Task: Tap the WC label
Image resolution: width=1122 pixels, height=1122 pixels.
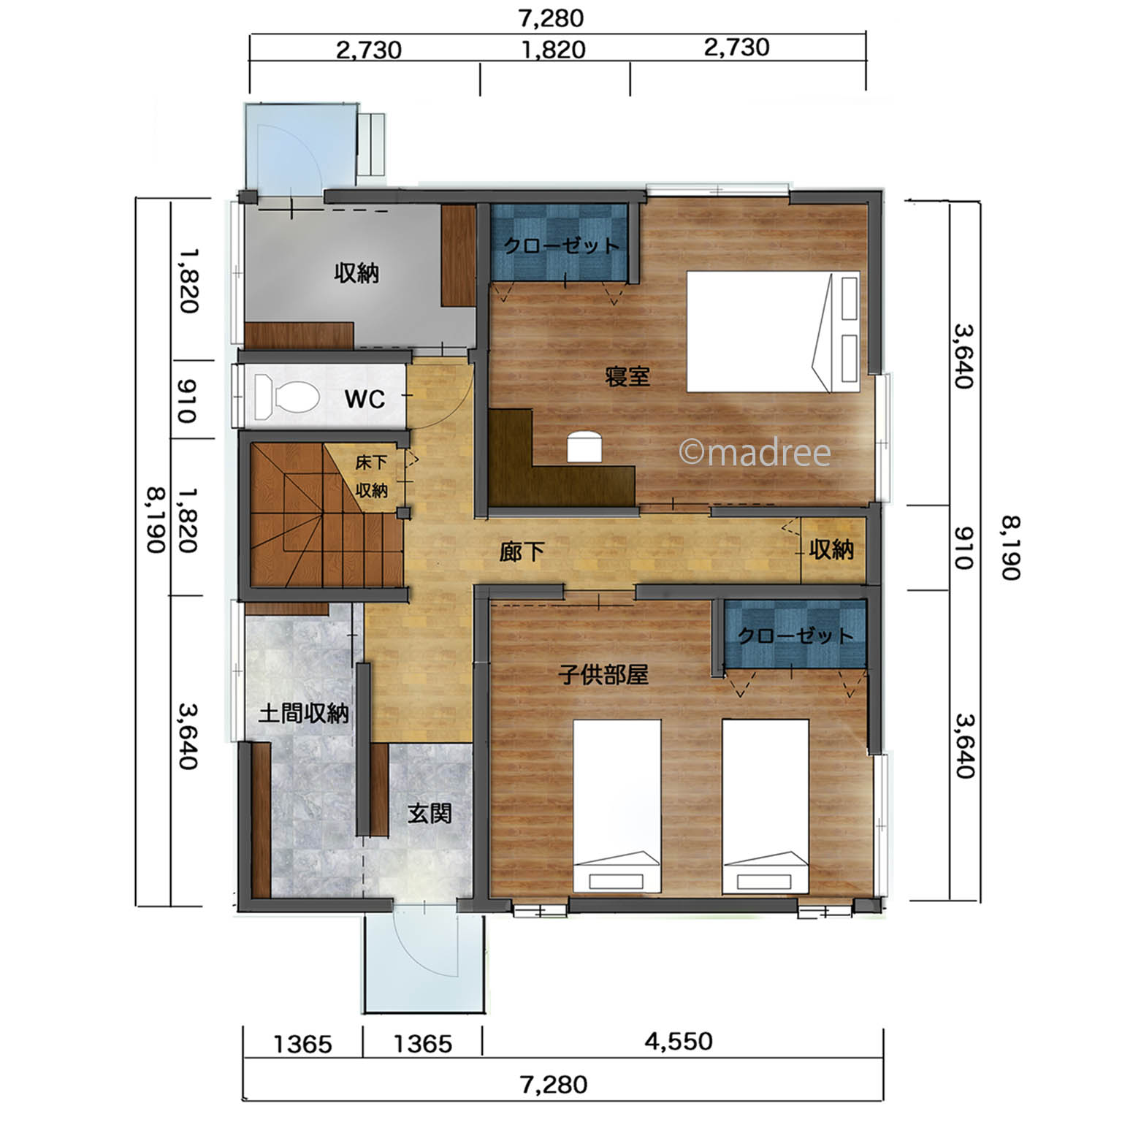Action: pyautogui.click(x=365, y=400)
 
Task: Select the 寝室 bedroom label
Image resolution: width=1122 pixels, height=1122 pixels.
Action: pyautogui.click(x=627, y=377)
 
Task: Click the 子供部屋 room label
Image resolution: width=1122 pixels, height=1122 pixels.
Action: pyautogui.click(x=603, y=673)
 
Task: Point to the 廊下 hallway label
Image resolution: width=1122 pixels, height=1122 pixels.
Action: pyautogui.click(x=522, y=552)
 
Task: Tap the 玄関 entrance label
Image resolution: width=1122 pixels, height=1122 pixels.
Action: pyautogui.click(x=430, y=813)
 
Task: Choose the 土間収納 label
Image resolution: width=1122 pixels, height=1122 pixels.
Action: pyautogui.click(x=304, y=713)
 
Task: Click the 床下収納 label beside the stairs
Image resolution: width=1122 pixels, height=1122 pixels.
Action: pyautogui.click(x=372, y=476)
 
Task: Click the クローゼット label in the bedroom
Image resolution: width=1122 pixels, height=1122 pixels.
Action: pyautogui.click(x=562, y=245)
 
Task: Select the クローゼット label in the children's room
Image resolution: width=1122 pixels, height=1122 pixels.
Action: pyautogui.click(x=795, y=636)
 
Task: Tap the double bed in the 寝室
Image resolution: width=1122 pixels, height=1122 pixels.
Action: pyautogui.click(x=772, y=332)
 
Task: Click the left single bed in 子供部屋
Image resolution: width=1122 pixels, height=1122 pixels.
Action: pyautogui.click(x=617, y=806)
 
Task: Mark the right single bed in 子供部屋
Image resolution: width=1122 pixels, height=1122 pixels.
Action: pyautogui.click(x=766, y=806)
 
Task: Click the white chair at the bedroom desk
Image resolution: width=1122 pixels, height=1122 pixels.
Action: pyautogui.click(x=584, y=446)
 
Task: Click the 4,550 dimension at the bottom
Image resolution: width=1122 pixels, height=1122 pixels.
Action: pyautogui.click(x=679, y=1041)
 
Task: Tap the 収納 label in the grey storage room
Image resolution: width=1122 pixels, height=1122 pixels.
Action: pyautogui.click(x=356, y=273)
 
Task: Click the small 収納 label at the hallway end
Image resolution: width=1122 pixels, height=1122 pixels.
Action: pyautogui.click(x=831, y=549)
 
